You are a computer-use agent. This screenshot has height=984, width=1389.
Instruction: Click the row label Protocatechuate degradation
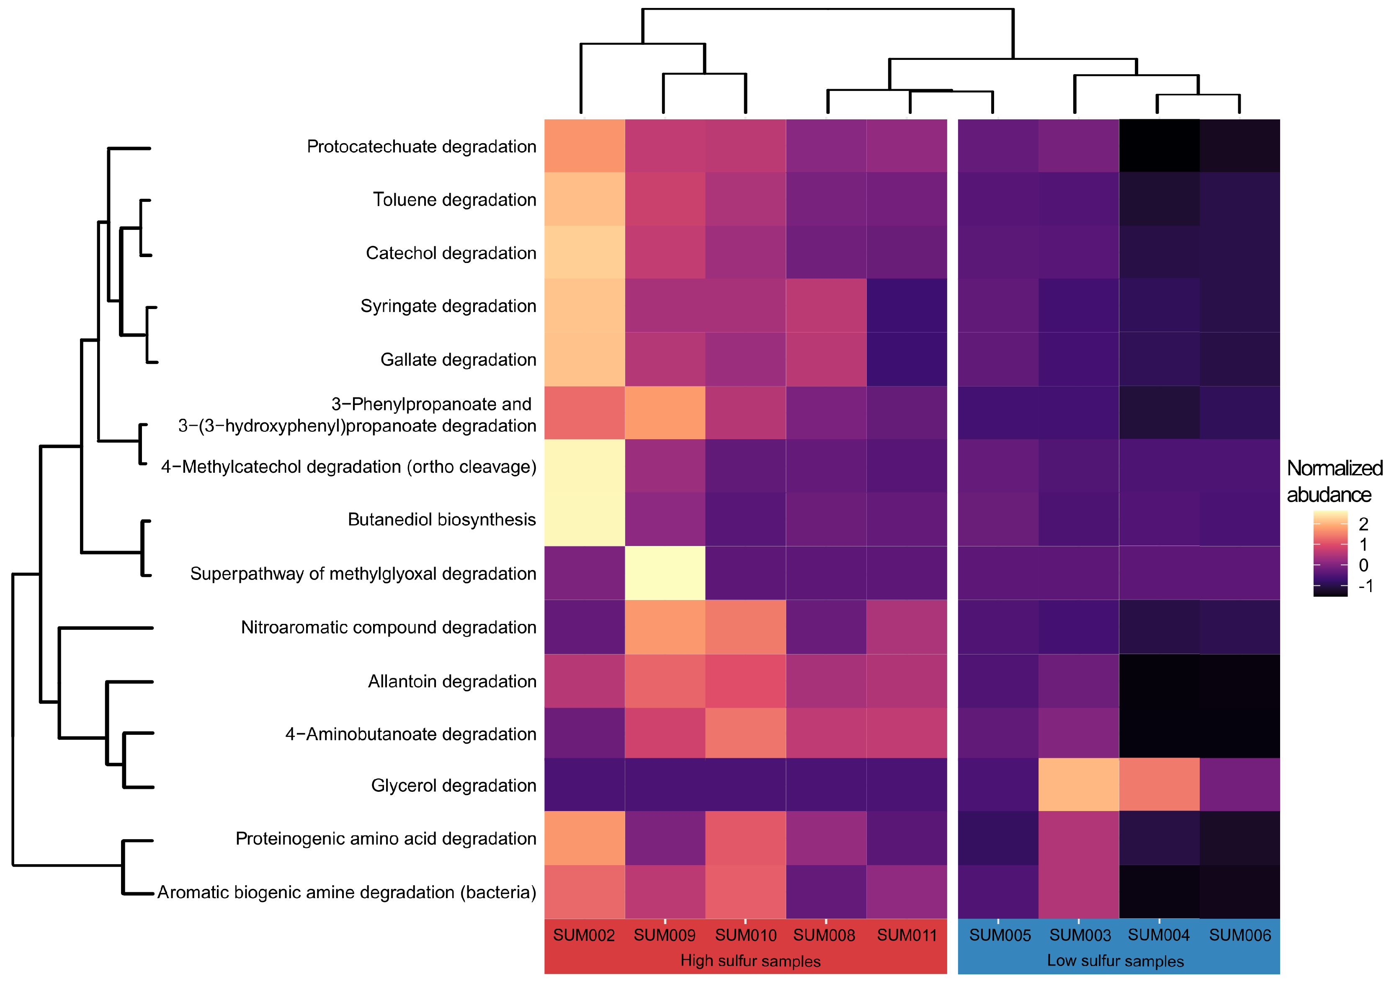pos(421,147)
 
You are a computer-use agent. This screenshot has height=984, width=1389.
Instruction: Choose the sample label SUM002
pos(584,935)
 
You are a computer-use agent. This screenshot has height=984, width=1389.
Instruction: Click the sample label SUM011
pos(907,935)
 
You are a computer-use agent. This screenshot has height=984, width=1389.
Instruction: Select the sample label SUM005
pos(1000,935)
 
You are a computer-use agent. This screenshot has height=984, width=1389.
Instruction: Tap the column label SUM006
pos(1240,935)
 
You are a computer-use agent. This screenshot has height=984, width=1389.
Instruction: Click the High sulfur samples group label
pos(750,961)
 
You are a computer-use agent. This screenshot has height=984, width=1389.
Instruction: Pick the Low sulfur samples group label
pos(1115,961)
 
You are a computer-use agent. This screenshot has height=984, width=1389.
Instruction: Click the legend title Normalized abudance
pos(1335,481)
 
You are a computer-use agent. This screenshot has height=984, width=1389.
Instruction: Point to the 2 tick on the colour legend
pos(1363,524)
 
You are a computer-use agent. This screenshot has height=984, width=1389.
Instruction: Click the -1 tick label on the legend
pos(1366,586)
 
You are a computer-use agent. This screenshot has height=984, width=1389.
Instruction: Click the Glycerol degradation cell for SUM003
pos(1079,785)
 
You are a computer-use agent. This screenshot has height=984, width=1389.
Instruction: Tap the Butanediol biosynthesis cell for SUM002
pos(584,519)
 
